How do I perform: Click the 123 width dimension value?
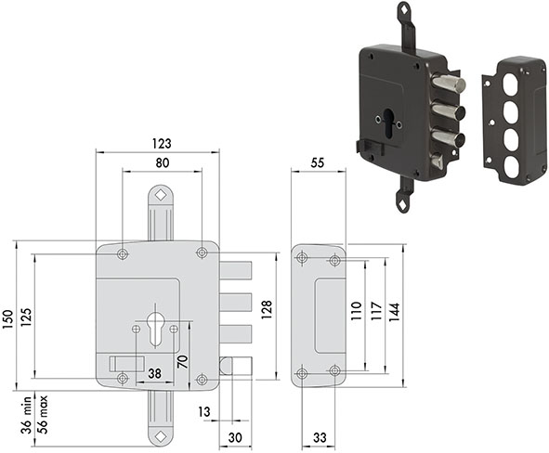click(x=162, y=144)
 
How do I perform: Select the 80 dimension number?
click(x=163, y=163)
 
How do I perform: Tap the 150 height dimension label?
click(x=8, y=319)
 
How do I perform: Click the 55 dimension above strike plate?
click(x=317, y=163)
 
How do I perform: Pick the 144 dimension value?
click(x=394, y=313)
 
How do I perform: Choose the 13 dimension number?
click(x=204, y=412)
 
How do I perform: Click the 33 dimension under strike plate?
click(x=319, y=437)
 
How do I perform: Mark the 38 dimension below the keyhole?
click(x=154, y=373)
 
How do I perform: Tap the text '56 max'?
click(x=43, y=415)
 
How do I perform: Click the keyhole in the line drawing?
click(x=154, y=329)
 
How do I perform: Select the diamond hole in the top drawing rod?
click(x=161, y=195)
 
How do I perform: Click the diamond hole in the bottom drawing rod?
click(x=161, y=436)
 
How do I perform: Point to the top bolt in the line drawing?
click(x=236, y=271)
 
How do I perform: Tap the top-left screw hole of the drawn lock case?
click(x=123, y=254)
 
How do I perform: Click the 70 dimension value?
click(x=183, y=361)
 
